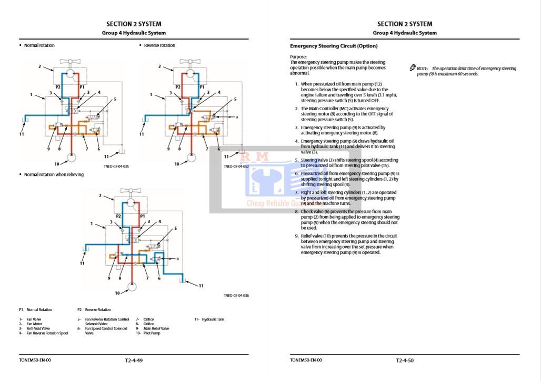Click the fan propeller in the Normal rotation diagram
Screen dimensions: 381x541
pos(71,61)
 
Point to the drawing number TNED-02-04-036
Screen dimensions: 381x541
pos(236,295)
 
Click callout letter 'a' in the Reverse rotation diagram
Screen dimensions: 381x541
pos(238,117)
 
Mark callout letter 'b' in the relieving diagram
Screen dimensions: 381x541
pos(178,259)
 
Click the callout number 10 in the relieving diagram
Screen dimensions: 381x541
pos(117,293)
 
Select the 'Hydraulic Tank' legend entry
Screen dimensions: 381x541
pos(213,319)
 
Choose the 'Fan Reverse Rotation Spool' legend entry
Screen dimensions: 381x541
pos(47,333)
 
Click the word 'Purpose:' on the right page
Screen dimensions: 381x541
pos(298,57)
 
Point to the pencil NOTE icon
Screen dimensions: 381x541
pos(413,68)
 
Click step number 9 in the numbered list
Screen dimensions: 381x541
pos(296,236)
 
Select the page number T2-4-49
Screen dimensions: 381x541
pos(134,360)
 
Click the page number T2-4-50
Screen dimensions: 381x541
pos(404,360)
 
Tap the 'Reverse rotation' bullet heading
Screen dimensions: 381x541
pos(159,45)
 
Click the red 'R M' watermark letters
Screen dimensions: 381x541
pos(255,157)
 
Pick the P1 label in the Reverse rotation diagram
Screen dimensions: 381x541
pos(202,87)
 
